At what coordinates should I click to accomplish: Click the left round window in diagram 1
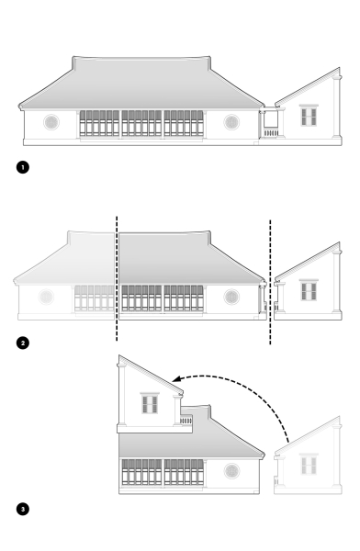point(51,122)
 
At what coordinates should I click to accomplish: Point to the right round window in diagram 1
point(231,122)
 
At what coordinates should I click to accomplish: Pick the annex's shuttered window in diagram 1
point(309,116)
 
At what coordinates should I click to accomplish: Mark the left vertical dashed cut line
point(117,275)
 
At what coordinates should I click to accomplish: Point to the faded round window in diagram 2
point(46,297)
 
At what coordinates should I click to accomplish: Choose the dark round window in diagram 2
point(230,297)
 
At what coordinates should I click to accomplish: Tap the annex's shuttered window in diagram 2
point(309,291)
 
